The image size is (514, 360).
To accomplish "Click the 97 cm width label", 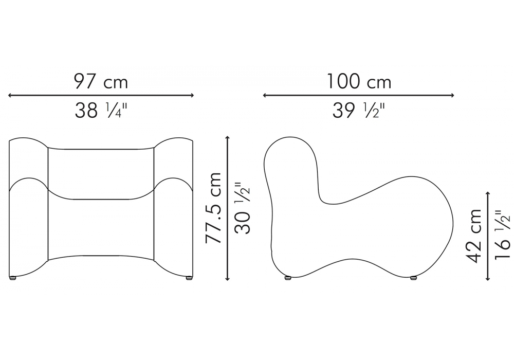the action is click(101, 81).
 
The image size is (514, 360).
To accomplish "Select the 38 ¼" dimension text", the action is click(101, 111).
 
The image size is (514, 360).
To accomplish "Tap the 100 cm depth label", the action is click(359, 81).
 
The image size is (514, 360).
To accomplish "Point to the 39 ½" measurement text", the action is click(358, 111).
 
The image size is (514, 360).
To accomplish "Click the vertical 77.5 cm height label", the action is click(213, 208).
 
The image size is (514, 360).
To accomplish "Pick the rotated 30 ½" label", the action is click(243, 208).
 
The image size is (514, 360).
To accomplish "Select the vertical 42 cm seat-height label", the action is click(474, 236).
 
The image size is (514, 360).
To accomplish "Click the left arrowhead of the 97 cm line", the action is click(10, 96).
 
